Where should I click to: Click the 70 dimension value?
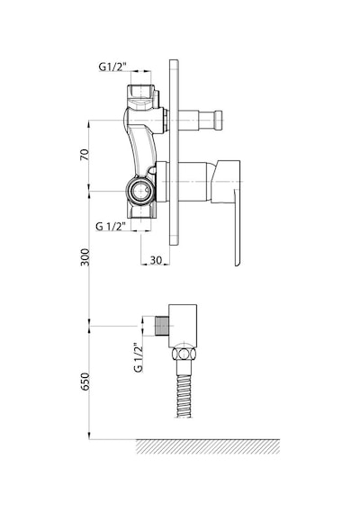[x=85, y=155]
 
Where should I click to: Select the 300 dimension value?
[x=85, y=257]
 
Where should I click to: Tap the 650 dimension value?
[x=85, y=382]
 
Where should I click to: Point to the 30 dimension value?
[x=156, y=260]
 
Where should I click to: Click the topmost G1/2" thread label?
[x=112, y=67]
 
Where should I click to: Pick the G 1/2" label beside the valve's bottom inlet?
[x=111, y=226]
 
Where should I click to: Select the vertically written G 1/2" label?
[x=138, y=357]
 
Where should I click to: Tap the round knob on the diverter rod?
[x=218, y=120]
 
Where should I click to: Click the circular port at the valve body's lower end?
[x=139, y=191]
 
